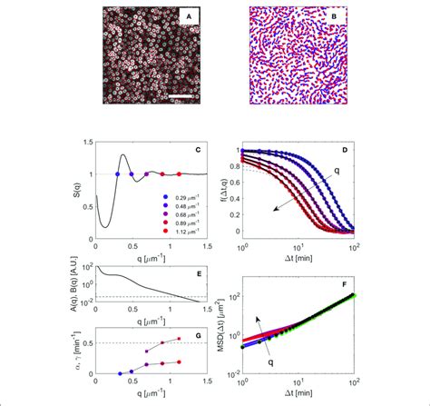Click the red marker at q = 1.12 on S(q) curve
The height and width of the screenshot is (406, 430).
click(x=179, y=173)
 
